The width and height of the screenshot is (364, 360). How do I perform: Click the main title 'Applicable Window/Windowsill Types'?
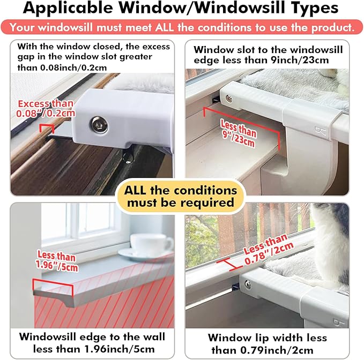coord(182,9)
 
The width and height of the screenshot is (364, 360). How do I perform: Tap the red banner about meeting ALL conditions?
coord(182,27)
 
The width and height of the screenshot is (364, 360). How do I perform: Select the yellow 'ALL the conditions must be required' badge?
coord(181,196)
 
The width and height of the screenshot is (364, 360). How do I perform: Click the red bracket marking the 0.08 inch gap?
coord(47,127)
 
